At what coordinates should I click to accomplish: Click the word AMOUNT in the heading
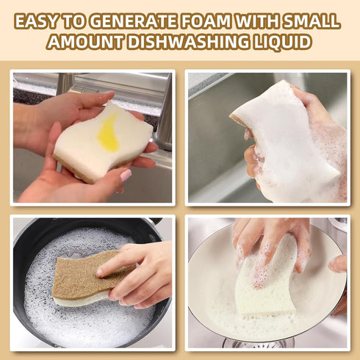click(81, 43)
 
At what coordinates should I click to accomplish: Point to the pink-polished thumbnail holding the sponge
click(126, 176)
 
